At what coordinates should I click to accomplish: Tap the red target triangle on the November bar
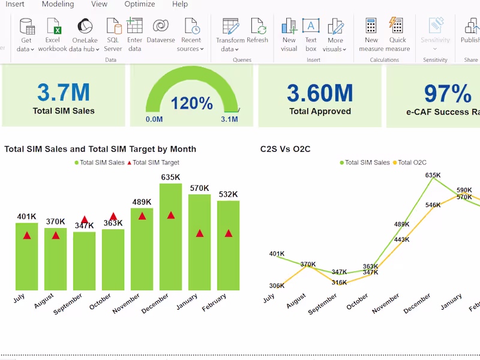[142, 216]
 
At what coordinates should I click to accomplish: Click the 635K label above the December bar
[170, 177]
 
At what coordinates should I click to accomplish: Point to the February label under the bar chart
[214, 302]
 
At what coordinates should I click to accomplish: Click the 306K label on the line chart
[277, 286]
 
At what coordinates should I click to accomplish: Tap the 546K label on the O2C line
[433, 205]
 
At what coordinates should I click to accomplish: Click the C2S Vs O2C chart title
[285, 149]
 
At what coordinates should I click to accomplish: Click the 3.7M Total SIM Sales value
[63, 92]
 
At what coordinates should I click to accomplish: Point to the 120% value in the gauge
[191, 103]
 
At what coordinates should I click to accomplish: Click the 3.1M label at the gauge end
[229, 119]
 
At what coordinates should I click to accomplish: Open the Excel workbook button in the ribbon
[53, 35]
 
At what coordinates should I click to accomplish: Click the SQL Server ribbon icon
[113, 35]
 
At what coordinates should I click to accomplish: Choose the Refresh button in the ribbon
[257, 31]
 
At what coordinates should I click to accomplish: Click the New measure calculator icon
[371, 35]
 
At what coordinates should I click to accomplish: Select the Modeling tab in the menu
[58, 4]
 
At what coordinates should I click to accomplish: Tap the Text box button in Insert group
[310, 35]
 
